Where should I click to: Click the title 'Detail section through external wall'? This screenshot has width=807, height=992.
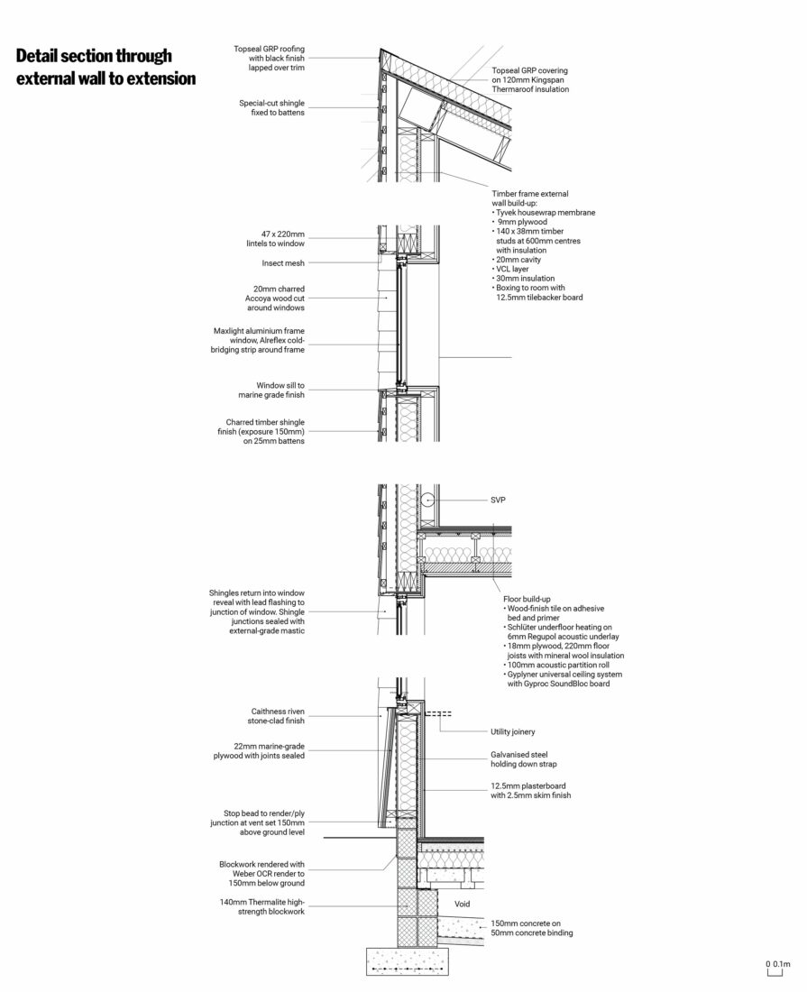[x=105, y=68]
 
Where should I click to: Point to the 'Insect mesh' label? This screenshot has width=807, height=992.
[x=283, y=263]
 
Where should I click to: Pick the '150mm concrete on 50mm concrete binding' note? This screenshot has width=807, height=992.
[x=532, y=928]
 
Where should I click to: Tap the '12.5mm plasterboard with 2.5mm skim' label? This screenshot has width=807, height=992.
[x=531, y=790]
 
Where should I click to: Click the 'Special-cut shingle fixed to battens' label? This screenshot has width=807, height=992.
[x=271, y=107]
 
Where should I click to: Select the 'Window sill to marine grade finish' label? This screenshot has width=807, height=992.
[x=271, y=390]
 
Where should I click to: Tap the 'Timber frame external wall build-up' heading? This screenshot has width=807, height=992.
[x=530, y=198]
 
